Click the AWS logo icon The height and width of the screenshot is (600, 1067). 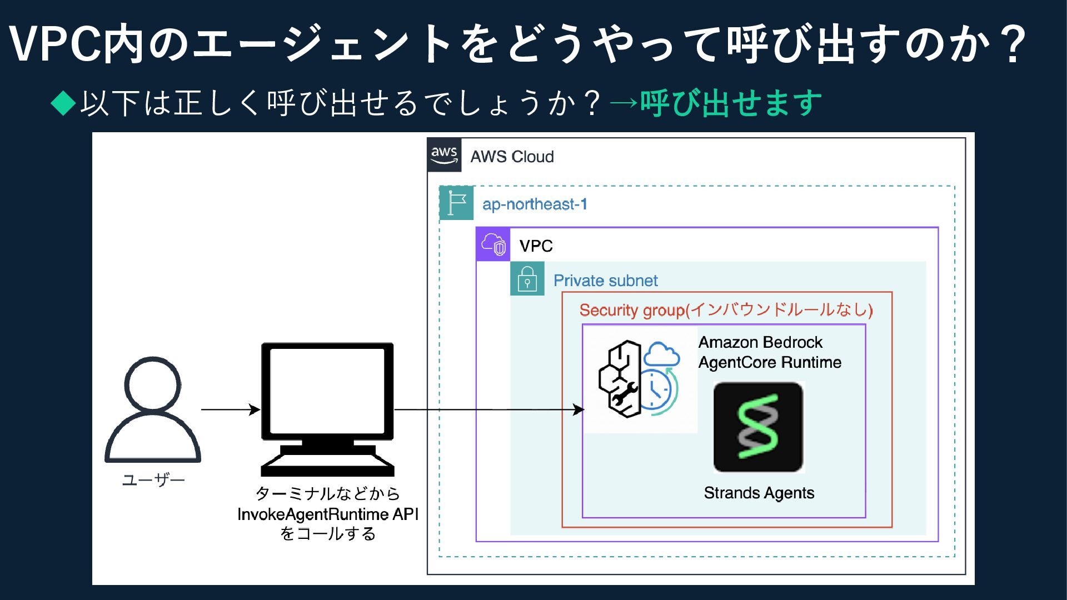[444, 155]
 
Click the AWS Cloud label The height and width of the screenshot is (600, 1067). [512, 157]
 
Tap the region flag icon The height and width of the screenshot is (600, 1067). [456, 203]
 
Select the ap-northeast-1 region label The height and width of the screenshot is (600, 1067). [535, 204]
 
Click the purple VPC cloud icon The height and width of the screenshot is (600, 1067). [493, 244]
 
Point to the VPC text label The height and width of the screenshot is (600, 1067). [536, 246]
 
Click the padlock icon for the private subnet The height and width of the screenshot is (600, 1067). [527, 279]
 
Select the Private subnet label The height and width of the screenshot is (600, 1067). [605, 281]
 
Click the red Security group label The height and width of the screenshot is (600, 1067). [726, 309]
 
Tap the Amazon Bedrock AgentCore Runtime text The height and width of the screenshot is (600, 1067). [770, 352]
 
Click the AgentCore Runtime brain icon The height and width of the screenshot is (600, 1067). [639, 379]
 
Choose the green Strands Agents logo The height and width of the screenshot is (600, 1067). [759, 427]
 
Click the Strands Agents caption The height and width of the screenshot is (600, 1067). [759, 493]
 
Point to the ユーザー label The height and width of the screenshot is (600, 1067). [153, 480]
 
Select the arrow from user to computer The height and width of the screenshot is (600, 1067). [230, 410]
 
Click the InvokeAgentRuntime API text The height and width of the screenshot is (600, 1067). [328, 514]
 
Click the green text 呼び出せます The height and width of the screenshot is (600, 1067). [730, 103]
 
